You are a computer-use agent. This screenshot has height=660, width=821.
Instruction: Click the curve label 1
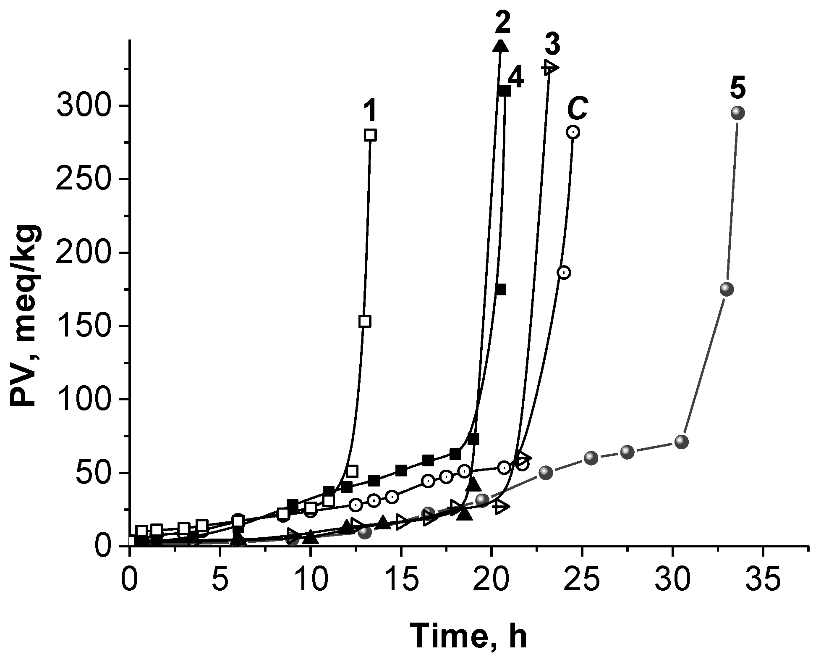coord(369,113)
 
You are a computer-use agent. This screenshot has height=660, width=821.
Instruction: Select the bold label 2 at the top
coord(502,20)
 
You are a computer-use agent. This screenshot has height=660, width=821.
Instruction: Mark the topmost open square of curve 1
coord(370,135)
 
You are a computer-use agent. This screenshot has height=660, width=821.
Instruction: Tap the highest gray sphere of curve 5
coord(737,113)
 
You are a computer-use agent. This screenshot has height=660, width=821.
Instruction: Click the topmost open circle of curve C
coord(573,132)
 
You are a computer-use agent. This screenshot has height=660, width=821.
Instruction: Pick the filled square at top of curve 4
coord(505,91)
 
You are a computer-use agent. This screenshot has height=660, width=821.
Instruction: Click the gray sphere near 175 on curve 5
coord(727,289)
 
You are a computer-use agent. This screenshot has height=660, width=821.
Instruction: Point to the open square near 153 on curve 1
coord(365,321)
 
